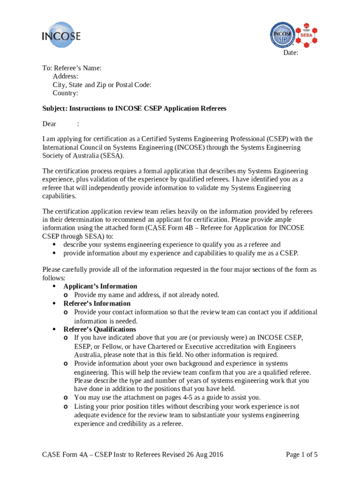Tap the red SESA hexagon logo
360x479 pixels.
307,34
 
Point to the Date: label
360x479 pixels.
290,53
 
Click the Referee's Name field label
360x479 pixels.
77,68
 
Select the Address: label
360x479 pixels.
65,76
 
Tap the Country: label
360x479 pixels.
65,93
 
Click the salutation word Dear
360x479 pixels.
50,124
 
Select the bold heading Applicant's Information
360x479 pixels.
100,286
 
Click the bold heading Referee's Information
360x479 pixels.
97,303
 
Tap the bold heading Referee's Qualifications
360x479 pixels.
100,329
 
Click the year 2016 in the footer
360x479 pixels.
215,454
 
